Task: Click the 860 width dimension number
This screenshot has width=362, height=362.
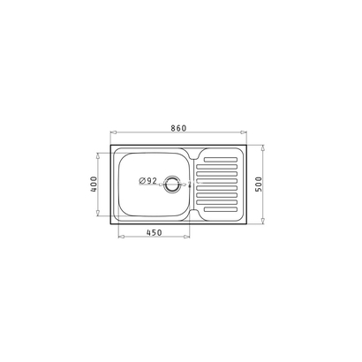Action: (x=178, y=128)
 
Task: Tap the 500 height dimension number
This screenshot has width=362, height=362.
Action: (x=259, y=185)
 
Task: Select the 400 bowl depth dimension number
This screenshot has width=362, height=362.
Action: (x=94, y=185)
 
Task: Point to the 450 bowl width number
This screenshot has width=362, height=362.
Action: (x=155, y=232)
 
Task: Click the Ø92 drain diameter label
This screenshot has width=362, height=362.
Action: (x=148, y=181)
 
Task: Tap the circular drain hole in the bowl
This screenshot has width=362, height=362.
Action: (x=171, y=185)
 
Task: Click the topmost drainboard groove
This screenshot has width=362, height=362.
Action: (x=221, y=160)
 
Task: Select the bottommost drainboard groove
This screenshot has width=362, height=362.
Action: (x=221, y=209)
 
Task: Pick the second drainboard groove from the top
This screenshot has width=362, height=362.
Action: (x=217, y=167)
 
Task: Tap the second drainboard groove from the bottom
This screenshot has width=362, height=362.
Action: (x=217, y=202)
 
